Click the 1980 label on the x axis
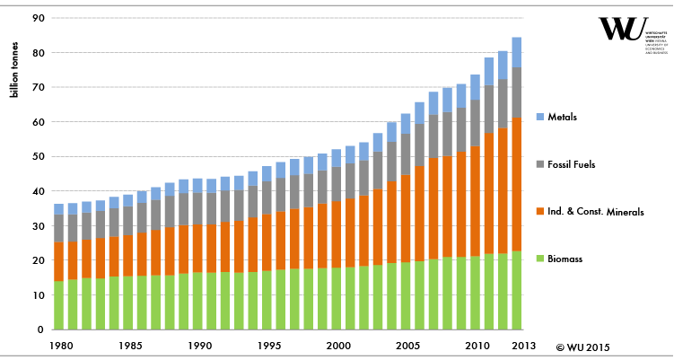click(61, 346)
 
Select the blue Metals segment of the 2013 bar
click(515, 52)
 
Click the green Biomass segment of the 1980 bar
click(59, 305)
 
